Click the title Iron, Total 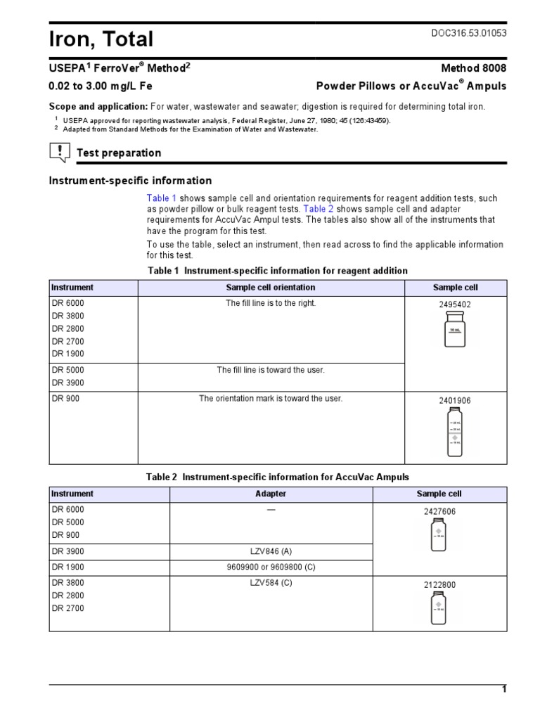click(101, 38)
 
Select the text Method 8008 click(473, 68)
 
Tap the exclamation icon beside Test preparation click(60, 151)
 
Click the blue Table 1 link click(162, 198)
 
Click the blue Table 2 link click(319, 209)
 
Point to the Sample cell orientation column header click(271, 288)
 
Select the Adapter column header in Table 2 click(271, 494)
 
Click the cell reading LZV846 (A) click(271, 552)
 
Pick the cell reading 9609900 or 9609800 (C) click(271, 567)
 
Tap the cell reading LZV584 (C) click(271, 583)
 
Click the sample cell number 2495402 click(455, 305)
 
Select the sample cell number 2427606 click(439, 512)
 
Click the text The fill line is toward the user click(271, 370)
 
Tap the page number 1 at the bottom click(503, 689)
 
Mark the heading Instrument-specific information click(130, 181)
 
